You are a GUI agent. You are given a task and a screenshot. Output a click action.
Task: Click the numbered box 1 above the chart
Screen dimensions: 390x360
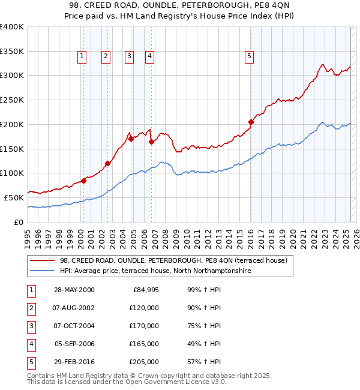(82, 56)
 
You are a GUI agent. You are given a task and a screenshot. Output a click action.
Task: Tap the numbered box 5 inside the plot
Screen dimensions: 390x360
(249, 56)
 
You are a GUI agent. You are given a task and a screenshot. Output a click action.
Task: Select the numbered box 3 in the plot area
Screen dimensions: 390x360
(128, 56)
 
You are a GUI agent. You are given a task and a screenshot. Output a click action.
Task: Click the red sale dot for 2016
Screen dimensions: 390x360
(251, 122)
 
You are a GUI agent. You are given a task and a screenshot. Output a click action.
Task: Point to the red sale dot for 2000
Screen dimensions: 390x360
(84, 181)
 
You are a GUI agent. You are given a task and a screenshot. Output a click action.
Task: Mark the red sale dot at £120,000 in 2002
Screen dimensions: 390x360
(107, 163)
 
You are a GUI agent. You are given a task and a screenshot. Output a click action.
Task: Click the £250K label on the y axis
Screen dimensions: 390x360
(12, 100)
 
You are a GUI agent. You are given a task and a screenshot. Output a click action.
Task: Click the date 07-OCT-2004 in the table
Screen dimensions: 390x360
(74, 326)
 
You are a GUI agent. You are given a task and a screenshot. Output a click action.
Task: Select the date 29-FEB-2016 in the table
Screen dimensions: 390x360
(74, 362)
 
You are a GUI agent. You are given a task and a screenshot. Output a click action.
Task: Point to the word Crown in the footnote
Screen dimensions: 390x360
(152, 376)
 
